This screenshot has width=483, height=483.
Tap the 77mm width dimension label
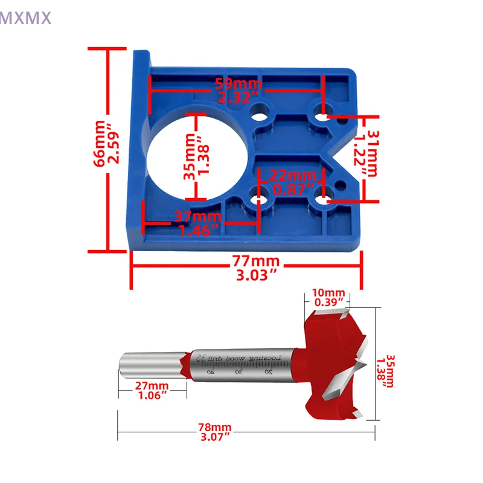tap(256, 261)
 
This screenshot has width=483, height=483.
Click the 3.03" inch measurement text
tap(256, 275)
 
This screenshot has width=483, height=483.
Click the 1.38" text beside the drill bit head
tap(380, 371)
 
